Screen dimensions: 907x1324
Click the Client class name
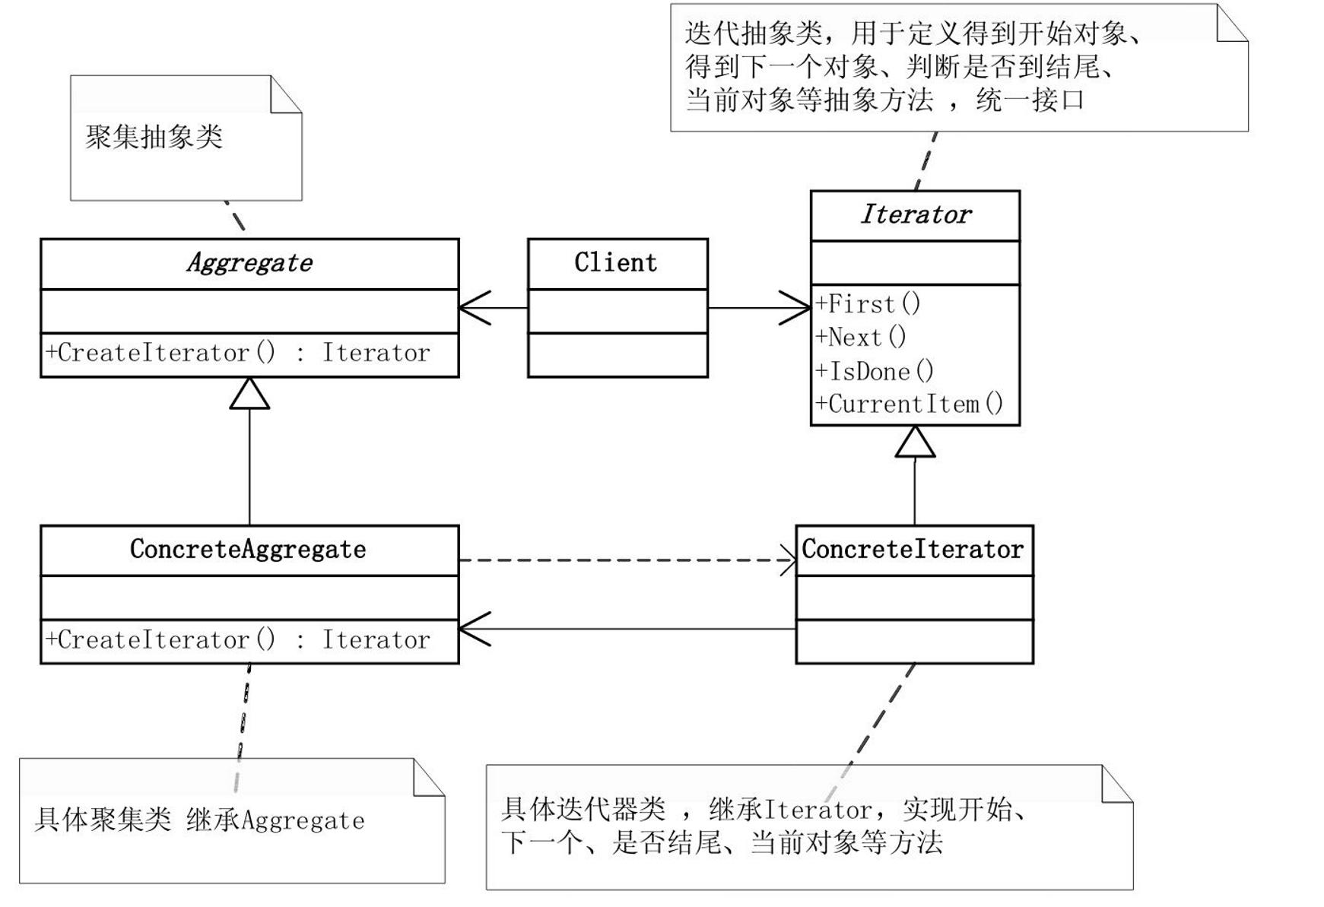coord(615,263)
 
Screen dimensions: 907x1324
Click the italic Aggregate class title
coord(249,263)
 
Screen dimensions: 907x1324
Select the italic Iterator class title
coord(915,215)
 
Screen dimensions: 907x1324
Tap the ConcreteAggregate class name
coord(248,550)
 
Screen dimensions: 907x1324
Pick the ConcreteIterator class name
coord(913,550)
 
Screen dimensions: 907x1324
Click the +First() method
coord(868,304)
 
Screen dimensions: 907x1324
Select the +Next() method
coord(861,337)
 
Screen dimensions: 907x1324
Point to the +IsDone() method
coord(875,371)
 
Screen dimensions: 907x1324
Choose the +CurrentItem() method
coord(910,404)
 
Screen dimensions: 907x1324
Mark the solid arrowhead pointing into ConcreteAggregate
coord(473,630)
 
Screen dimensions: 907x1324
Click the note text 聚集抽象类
coord(154,138)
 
